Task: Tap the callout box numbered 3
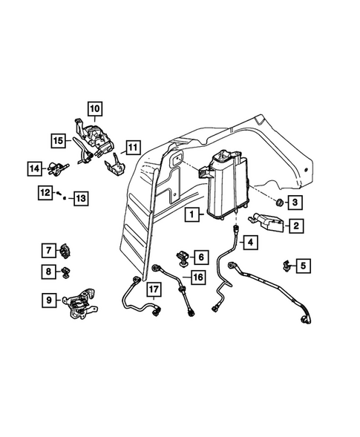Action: pos(295,203)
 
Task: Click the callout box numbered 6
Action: pos(200,257)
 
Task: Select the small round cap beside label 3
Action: pos(278,203)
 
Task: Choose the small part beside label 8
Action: pos(65,272)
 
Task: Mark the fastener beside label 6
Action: pos(182,257)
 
